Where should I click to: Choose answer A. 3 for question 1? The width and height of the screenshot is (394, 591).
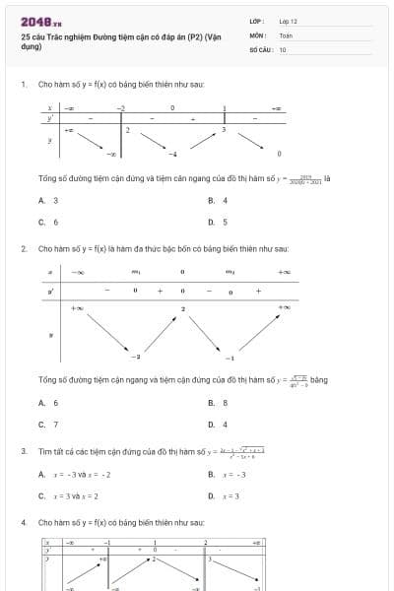coord(48,200)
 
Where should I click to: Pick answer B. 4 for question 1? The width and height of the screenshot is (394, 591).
coord(218,200)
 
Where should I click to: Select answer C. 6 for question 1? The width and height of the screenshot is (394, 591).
coord(48,222)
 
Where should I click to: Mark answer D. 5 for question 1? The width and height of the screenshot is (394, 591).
coord(218,222)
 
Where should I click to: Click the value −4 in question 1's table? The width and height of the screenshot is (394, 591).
coord(172,155)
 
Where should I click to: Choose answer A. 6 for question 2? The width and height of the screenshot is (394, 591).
coord(48,402)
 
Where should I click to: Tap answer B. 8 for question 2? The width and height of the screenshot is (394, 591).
coord(218,402)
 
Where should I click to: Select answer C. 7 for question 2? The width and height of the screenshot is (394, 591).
coord(48,424)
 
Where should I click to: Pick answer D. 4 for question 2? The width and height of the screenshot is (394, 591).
coord(218,424)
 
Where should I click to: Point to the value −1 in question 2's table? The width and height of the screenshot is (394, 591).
coord(230,357)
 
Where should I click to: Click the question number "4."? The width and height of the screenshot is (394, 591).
coord(24,521)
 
